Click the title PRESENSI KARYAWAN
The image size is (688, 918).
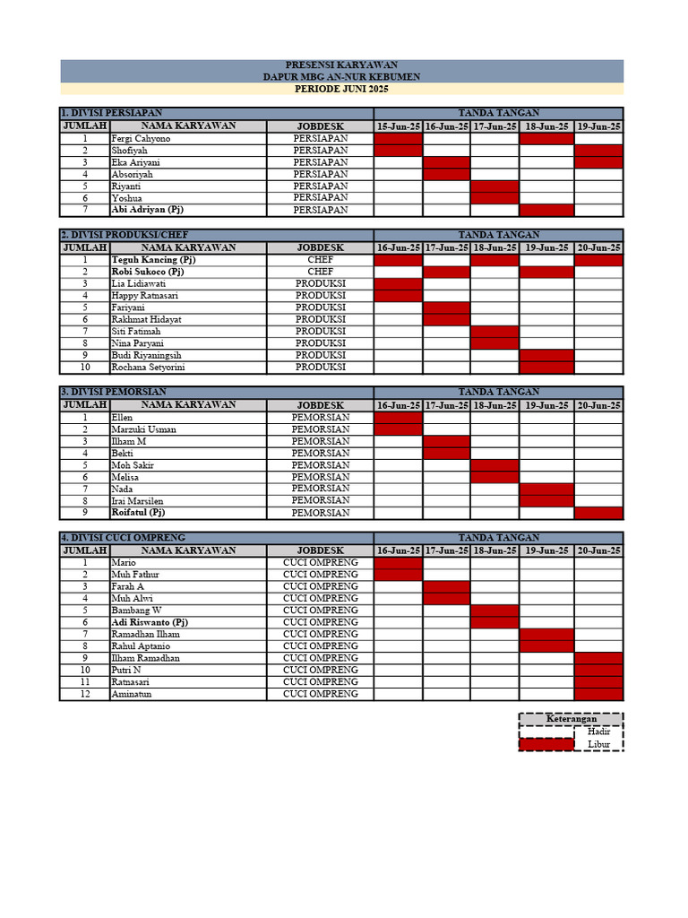[341, 65]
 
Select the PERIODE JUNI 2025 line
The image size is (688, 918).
[341, 90]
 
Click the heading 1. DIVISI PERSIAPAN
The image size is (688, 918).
[112, 114]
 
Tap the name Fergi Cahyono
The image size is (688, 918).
[142, 139]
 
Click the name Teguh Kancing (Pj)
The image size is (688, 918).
[153, 260]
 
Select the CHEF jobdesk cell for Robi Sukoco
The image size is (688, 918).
[320, 272]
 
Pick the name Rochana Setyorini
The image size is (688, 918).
[149, 367]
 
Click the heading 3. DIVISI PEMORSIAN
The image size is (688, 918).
[113, 392]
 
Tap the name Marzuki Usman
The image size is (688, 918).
[143, 429]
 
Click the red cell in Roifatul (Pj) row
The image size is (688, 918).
[598, 513]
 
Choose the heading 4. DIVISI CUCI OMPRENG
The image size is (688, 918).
[122, 537]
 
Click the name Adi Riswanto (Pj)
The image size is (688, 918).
[150, 622]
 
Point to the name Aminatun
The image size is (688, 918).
[131, 694]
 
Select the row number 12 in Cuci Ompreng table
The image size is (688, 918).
[85, 694]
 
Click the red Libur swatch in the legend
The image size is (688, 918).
[546, 744]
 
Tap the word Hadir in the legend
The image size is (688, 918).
[598, 732]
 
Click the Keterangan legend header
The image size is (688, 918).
[571, 719]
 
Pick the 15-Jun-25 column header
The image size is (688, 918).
[398, 126]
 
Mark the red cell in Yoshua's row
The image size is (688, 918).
[494, 198]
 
